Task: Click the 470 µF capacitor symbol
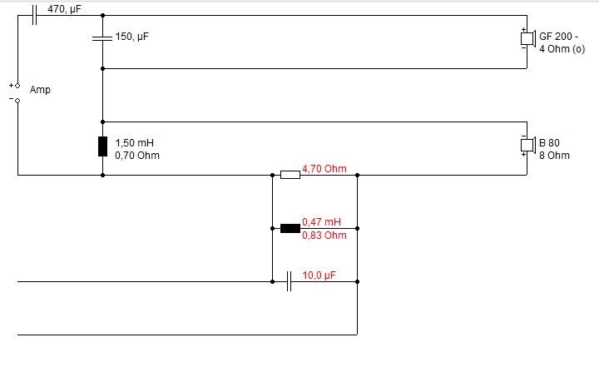pyautogui.click(x=34, y=14)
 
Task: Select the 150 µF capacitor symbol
pyautogui.click(x=102, y=38)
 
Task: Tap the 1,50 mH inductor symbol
pyautogui.click(x=102, y=146)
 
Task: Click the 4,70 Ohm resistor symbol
pyautogui.click(x=290, y=174)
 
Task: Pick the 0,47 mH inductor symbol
pyautogui.click(x=290, y=228)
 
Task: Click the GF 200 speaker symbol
pyautogui.click(x=526, y=39)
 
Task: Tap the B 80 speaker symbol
pyautogui.click(x=526, y=146)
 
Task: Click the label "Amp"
pyautogui.click(x=40, y=90)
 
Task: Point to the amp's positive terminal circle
pyautogui.click(x=17, y=86)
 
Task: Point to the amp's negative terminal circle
pyautogui.click(x=17, y=101)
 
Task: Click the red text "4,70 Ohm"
pyautogui.click(x=324, y=169)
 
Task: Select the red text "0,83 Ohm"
pyautogui.click(x=324, y=235)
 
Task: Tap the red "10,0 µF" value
pyautogui.click(x=319, y=275)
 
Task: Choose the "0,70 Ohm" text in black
pyautogui.click(x=137, y=156)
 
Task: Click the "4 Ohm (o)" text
pyautogui.click(x=562, y=49)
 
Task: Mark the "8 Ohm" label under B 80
pyautogui.click(x=554, y=156)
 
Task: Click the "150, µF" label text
pyautogui.click(x=132, y=37)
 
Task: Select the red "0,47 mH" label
pyautogui.click(x=321, y=222)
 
